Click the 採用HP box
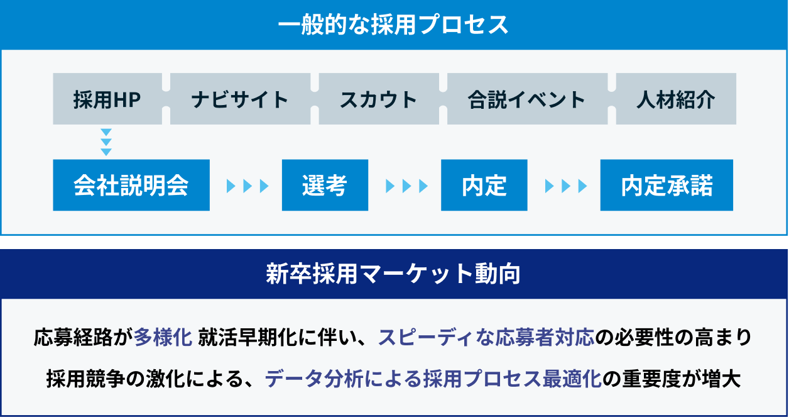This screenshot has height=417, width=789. pyautogui.click(x=107, y=99)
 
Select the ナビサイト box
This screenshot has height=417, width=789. pyautogui.click(x=240, y=99)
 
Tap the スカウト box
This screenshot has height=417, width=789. pyautogui.click(x=379, y=99)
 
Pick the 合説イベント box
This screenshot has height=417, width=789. pyautogui.click(x=527, y=99)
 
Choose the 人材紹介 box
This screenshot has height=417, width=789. pyautogui.click(x=676, y=99)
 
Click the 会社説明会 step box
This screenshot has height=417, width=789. pyautogui.click(x=131, y=185)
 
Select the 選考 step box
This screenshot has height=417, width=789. pyautogui.click(x=325, y=185)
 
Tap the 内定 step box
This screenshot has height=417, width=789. pyautogui.click(x=484, y=185)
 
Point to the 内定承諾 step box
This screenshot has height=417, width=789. pyautogui.click(x=667, y=185)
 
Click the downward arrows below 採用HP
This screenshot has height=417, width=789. pyautogui.click(x=106, y=142)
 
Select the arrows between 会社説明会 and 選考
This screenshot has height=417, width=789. pyautogui.click(x=248, y=186)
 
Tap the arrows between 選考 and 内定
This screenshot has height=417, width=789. pyautogui.click(x=407, y=186)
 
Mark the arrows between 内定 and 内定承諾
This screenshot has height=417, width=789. pyautogui.click(x=566, y=186)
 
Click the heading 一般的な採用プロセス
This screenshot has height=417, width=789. pyautogui.click(x=393, y=25)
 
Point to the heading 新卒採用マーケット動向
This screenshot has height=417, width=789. pyautogui.click(x=393, y=274)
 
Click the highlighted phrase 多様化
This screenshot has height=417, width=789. pyautogui.click(x=163, y=337)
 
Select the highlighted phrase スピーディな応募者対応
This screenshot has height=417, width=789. pyautogui.click(x=486, y=337)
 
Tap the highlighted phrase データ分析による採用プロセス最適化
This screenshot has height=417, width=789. pyautogui.click(x=433, y=379)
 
